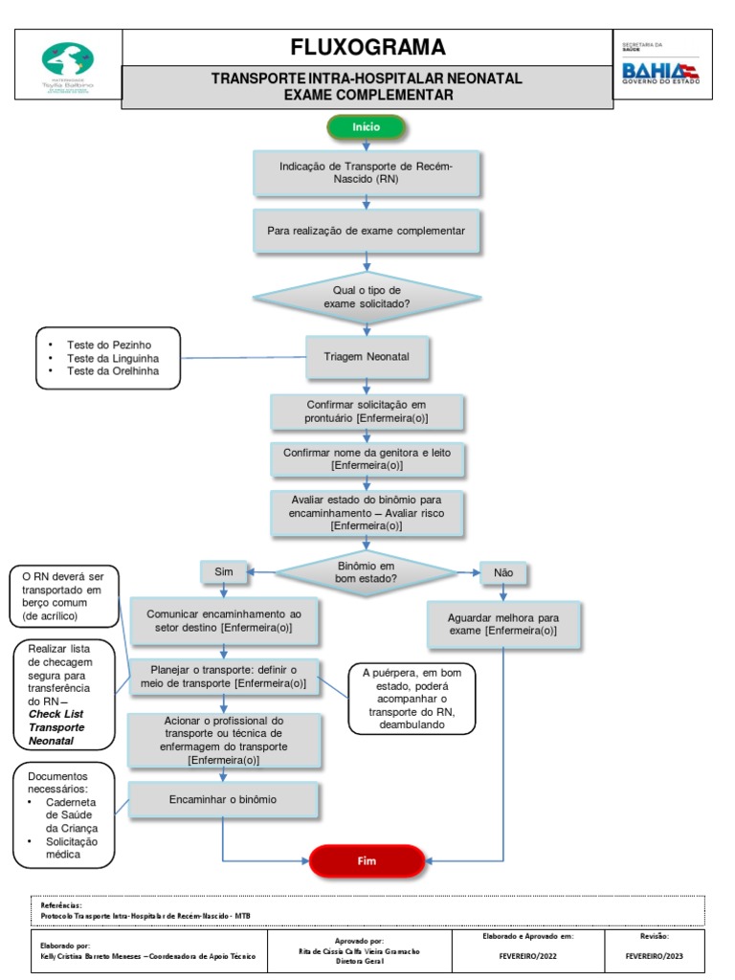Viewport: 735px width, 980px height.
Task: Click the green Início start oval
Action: (367, 126)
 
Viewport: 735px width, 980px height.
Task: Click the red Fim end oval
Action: (367, 860)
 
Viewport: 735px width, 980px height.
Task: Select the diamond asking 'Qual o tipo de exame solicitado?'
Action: (367, 297)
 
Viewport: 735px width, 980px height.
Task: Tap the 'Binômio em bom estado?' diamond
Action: (367, 573)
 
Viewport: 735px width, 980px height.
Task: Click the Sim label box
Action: (224, 571)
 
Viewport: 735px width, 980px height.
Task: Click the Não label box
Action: (503, 572)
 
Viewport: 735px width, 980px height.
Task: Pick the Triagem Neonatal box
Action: (367, 357)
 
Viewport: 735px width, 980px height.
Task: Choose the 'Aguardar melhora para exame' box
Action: (502, 625)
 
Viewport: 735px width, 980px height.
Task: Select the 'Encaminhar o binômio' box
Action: (222, 799)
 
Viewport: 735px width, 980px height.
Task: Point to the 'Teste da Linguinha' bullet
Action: (113, 358)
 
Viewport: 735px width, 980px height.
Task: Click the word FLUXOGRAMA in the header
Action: (367, 47)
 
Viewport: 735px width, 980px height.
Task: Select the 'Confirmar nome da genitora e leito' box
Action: (367, 458)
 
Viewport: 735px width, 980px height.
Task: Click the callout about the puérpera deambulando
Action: (412, 699)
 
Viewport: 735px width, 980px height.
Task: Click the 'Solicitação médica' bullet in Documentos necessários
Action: (73, 848)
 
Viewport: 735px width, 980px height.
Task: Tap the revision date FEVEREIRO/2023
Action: (655, 956)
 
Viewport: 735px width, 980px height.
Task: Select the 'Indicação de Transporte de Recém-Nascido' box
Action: (367, 173)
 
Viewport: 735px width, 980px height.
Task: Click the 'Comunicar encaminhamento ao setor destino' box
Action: (222, 620)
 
